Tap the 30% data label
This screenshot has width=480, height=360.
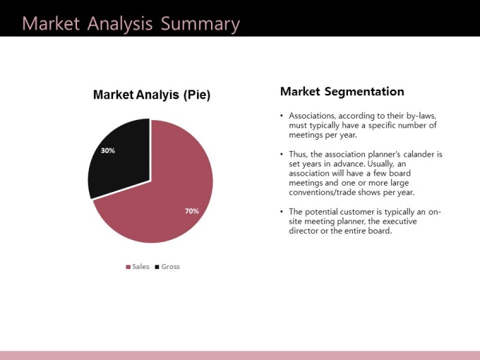click(108, 150)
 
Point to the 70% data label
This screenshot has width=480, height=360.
click(191, 211)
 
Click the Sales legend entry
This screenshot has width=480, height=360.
click(138, 267)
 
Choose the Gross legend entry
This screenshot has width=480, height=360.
click(167, 267)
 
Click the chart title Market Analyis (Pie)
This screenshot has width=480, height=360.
click(152, 95)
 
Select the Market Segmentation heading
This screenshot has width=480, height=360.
click(342, 92)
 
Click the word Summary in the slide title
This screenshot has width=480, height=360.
click(200, 24)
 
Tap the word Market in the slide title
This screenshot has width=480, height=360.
click(51, 23)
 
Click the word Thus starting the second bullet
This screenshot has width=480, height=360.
click(298, 155)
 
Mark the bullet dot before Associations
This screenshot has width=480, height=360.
click(282, 116)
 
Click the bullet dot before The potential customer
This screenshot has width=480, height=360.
click(282, 212)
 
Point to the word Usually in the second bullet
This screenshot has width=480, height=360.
click(379, 164)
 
